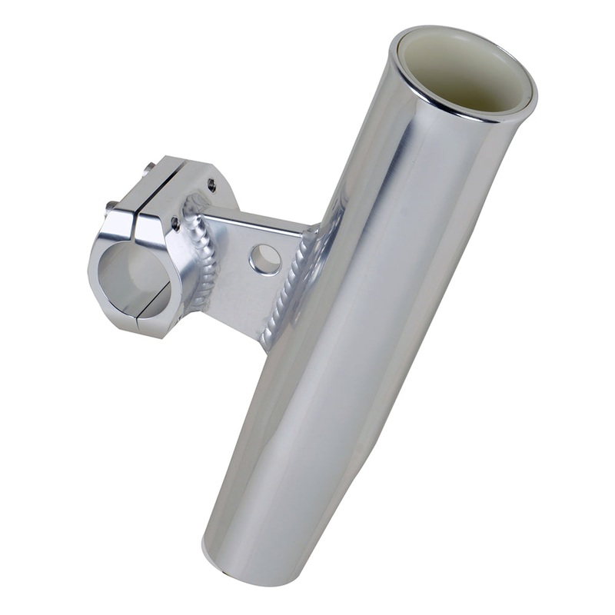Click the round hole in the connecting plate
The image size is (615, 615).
[x=264, y=259]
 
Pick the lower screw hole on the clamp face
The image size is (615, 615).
[x=175, y=224]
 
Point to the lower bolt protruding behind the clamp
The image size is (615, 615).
[x=111, y=205]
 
